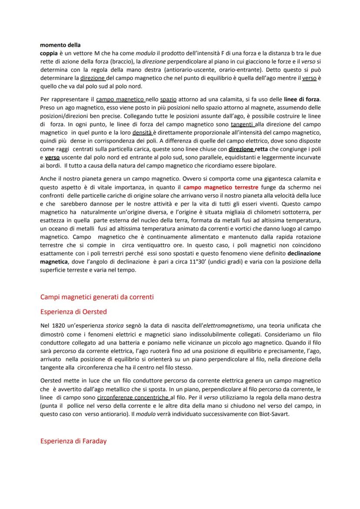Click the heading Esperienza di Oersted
(x=73, y=312)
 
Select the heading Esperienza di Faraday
(x=73, y=441)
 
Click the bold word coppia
(x=48, y=53)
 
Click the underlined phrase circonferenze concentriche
(x=130, y=398)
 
